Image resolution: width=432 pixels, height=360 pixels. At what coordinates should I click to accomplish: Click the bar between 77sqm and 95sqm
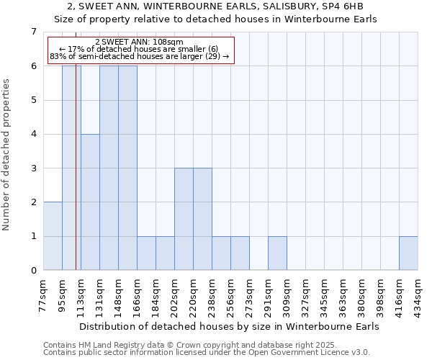coord(53,236)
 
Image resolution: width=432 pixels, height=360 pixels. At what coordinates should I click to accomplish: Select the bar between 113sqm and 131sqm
coord(90,202)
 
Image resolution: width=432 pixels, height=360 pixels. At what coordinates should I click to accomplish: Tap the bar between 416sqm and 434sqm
coord(408,253)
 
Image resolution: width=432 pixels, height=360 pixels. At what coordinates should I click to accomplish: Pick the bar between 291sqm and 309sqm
coord(277,253)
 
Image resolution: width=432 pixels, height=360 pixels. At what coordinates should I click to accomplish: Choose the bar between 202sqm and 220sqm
coord(184,220)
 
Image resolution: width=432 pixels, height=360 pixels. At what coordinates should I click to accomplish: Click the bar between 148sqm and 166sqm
coord(127,168)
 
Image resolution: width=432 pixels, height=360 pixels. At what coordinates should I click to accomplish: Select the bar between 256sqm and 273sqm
coord(240,253)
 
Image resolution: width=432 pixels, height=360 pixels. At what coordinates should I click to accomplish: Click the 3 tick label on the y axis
coord(33,168)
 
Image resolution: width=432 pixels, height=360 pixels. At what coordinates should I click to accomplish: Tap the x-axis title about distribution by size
coord(228,326)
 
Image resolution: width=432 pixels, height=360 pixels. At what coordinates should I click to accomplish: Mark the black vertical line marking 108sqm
coord(76,180)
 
